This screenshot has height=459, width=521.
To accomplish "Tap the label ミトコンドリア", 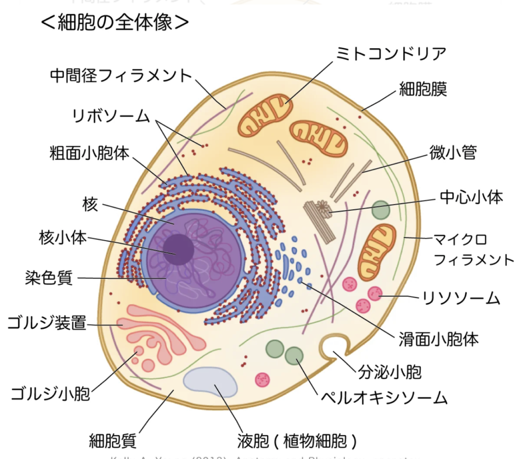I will pos(391,53).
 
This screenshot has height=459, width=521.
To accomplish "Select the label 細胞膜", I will pos(423,90).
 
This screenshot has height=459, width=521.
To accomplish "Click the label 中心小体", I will pos(471,197).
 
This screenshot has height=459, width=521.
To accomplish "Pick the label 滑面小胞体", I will pos(438,339).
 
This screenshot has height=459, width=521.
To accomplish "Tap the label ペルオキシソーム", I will pos(384,397).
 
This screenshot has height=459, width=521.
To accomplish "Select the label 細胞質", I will pos(112,440).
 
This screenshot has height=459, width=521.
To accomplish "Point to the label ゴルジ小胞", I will pos(50,393).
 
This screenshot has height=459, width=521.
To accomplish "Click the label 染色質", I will pos(49,278).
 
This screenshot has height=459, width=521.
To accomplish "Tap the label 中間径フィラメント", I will pos(121,76).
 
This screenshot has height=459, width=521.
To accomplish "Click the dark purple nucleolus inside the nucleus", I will pos(178,249).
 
